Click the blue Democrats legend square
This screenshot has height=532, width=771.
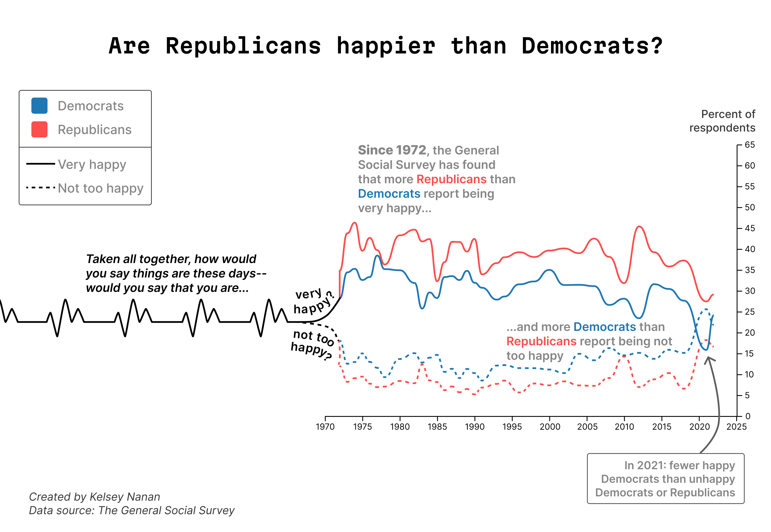[x=39, y=106]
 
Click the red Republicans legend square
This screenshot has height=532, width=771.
[x=39, y=129]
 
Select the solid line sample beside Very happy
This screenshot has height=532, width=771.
[x=40, y=164]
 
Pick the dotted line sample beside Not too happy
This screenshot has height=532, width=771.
[x=40, y=188]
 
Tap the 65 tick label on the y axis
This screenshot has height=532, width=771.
[x=750, y=145]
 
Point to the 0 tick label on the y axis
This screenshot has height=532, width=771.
[x=748, y=416]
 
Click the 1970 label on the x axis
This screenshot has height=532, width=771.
[x=325, y=427]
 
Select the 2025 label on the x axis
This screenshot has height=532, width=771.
[x=736, y=427]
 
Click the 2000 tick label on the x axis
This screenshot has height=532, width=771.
[x=550, y=427]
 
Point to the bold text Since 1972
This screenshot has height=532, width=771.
[x=392, y=150]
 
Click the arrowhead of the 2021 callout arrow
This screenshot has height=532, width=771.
[x=709, y=359]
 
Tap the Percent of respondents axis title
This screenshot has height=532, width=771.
[x=722, y=121]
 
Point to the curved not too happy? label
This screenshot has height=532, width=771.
[x=312, y=344]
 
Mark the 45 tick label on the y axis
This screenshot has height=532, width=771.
[x=750, y=228]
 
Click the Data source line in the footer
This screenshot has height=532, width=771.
[x=131, y=510]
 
